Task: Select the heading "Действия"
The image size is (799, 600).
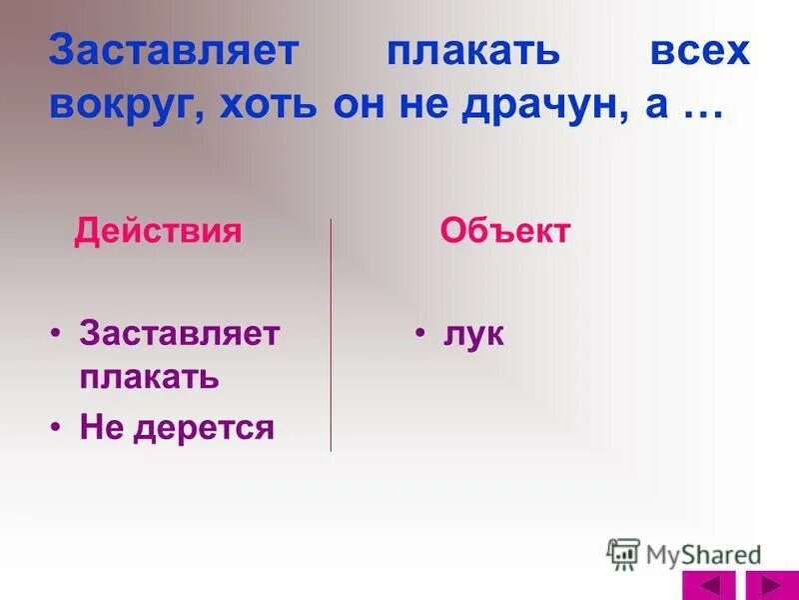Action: click(x=158, y=232)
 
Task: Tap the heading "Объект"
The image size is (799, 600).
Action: click(x=505, y=232)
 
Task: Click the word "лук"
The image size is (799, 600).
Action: click(x=474, y=336)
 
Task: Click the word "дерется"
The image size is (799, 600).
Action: click(x=204, y=428)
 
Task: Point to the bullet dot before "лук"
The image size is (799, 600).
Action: click(x=422, y=333)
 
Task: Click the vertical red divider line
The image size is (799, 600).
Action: click(x=332, y=335)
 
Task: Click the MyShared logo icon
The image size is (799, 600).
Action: click(x=623, y=553)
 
